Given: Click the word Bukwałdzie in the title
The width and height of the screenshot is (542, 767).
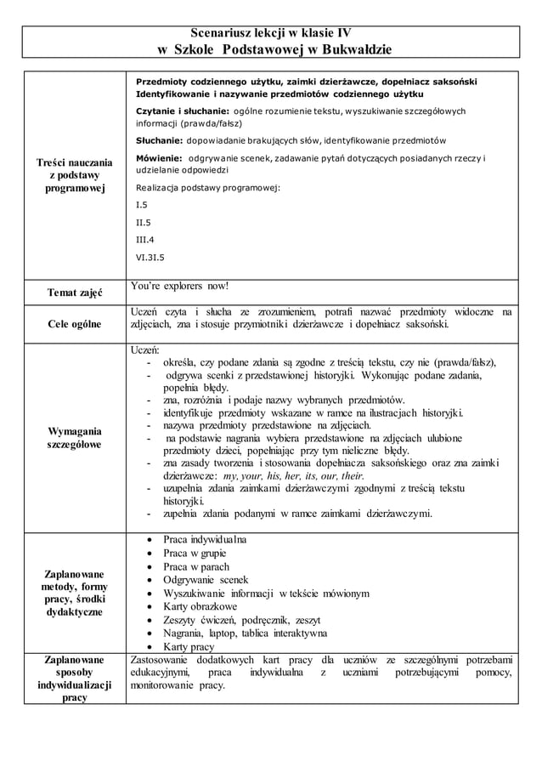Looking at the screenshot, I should coord(350,50).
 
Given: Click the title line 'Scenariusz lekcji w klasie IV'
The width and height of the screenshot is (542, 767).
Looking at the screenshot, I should coord(270,33).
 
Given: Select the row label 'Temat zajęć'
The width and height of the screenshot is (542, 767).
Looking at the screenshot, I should coord(74,294).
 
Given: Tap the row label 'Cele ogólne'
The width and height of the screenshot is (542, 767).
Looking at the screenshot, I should coord(74,324).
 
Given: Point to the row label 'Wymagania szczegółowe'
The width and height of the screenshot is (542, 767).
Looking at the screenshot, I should coord(74,437).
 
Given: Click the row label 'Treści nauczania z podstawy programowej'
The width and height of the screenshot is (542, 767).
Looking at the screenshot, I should coord(74,174).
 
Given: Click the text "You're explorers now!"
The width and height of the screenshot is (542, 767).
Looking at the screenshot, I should coord(182,286).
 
